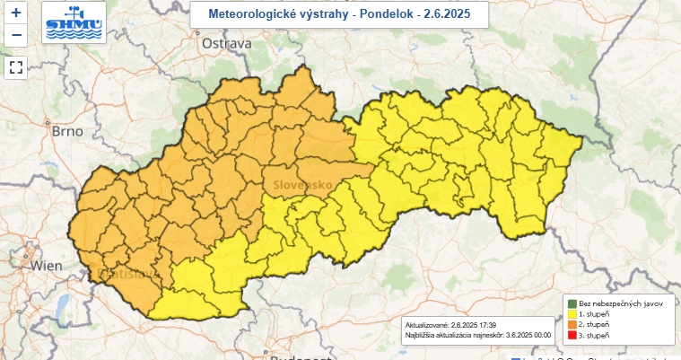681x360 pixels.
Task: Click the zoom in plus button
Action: pos(16,13)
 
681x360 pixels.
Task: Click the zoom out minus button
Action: pos(16,36)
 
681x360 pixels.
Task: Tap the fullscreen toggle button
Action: pos(16,66)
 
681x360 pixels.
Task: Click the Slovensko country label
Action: pos(298,184)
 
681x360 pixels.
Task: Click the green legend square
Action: pos(572,304)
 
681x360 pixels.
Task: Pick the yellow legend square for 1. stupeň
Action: pos(572,315)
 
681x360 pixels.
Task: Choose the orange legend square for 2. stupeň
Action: pos(572,325)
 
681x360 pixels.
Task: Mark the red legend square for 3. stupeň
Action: pos(572,336)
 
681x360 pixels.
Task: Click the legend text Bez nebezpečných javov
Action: pos(621,304)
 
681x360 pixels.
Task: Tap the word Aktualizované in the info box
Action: pos(426,325)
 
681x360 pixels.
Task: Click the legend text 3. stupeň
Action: pos(595,336)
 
